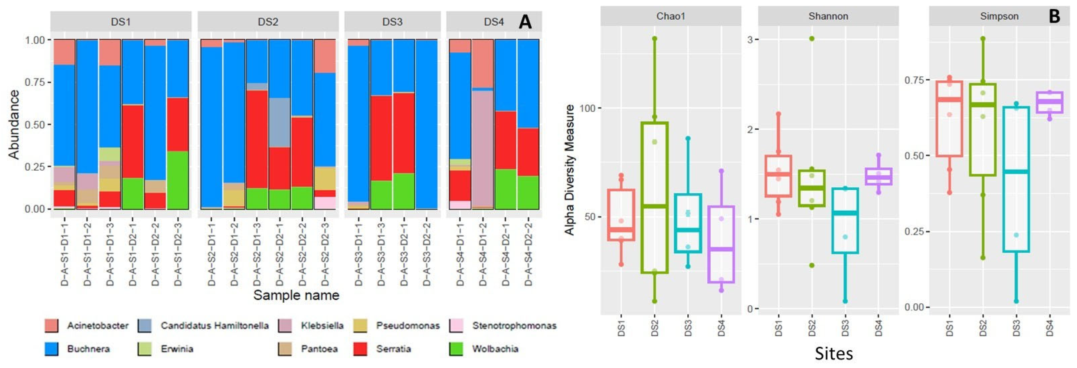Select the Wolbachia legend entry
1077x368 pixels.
coord(495,349)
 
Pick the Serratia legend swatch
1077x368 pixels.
coord(360,349)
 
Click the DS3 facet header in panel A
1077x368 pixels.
coord(392,22)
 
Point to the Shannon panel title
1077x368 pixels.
coord(828,16)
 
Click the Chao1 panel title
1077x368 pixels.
coord(671,16)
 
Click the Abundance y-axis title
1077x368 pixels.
coord(14,125)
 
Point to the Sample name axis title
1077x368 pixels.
coord(296,295)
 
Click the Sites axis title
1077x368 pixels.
coord(834,354)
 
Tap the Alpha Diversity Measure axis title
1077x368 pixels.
coord(569,170)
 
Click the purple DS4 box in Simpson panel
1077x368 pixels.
coord(1050,103)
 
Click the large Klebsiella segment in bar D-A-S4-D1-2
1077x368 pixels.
coord(482,148)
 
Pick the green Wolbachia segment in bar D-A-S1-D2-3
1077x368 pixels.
coord(178,180)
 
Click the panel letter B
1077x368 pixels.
coord(1054,17)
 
